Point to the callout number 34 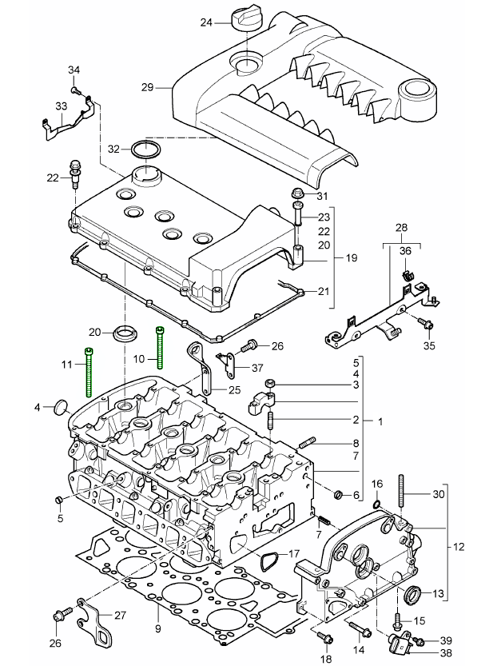pyautogui.click(x=74, y=70)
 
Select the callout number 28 pyautogui.click(x=401, y=229)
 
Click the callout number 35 pyautogui.click(x=429, y=346)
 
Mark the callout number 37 pyautogui.click(x=256, y=368)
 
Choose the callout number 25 pyautogui.click(x=233, y=389)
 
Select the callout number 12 pyautogui.click(x=458, y=547)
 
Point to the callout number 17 pyautogui.click(x=293, y=552)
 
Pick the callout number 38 pyautogui.click(x=446, y=652)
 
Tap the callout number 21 pyautogui.click(x=323, y=291)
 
